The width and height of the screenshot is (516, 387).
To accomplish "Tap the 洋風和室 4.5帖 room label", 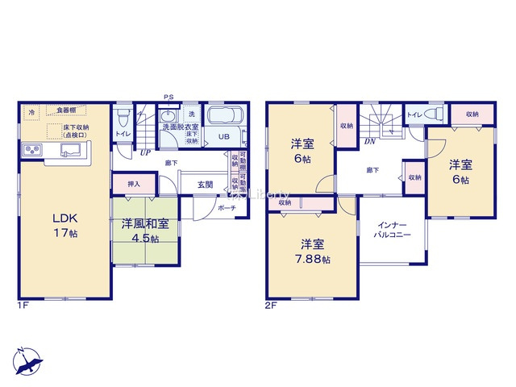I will point(145,231).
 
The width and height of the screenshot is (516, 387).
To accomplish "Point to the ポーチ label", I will point(227,207).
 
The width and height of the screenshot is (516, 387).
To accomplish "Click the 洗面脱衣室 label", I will point(181,127).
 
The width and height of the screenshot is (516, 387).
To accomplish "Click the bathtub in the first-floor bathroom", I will point(230,114).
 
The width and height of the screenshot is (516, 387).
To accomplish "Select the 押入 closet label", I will point(134,185).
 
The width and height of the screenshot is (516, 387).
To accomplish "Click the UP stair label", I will point(145,152).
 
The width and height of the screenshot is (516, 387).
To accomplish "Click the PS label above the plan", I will point(169,97).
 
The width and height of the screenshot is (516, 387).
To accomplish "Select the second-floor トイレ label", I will point(414,115).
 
